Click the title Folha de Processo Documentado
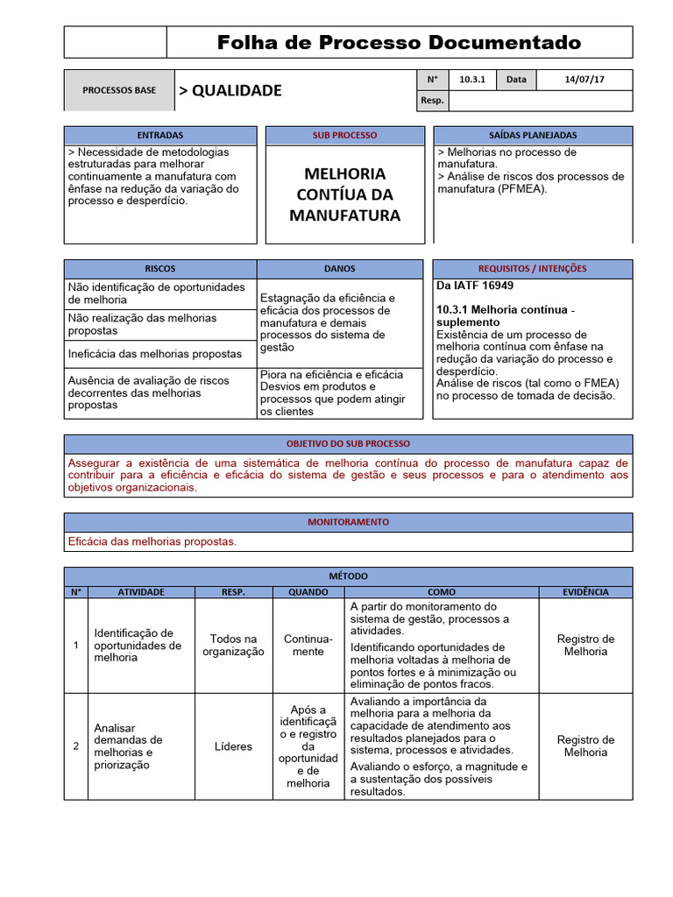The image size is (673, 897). pos(399,42)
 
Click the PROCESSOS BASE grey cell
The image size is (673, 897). pos(119,90)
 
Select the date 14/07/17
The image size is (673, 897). pos(584,80)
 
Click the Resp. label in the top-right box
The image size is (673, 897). pos(432,101)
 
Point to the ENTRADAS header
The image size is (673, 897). pos(160,136)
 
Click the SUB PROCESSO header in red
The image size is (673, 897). pos(344,136)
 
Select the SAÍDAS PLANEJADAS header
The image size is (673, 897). pos(532,136)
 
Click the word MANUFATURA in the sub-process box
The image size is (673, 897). pos(344,215)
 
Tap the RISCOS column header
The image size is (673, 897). pos(160,269)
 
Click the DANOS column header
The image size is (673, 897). pos(340,269)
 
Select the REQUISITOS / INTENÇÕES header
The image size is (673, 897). pos(532,269)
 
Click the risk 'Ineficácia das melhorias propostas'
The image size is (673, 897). pos(155,354)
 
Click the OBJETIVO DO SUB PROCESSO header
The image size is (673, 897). pos(348,444)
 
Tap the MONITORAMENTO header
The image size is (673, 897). pos(348,522)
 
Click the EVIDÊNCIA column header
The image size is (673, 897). pos(585,592)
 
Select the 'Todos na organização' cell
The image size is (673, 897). pos(233,646)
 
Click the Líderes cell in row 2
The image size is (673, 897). pos(233,746)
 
